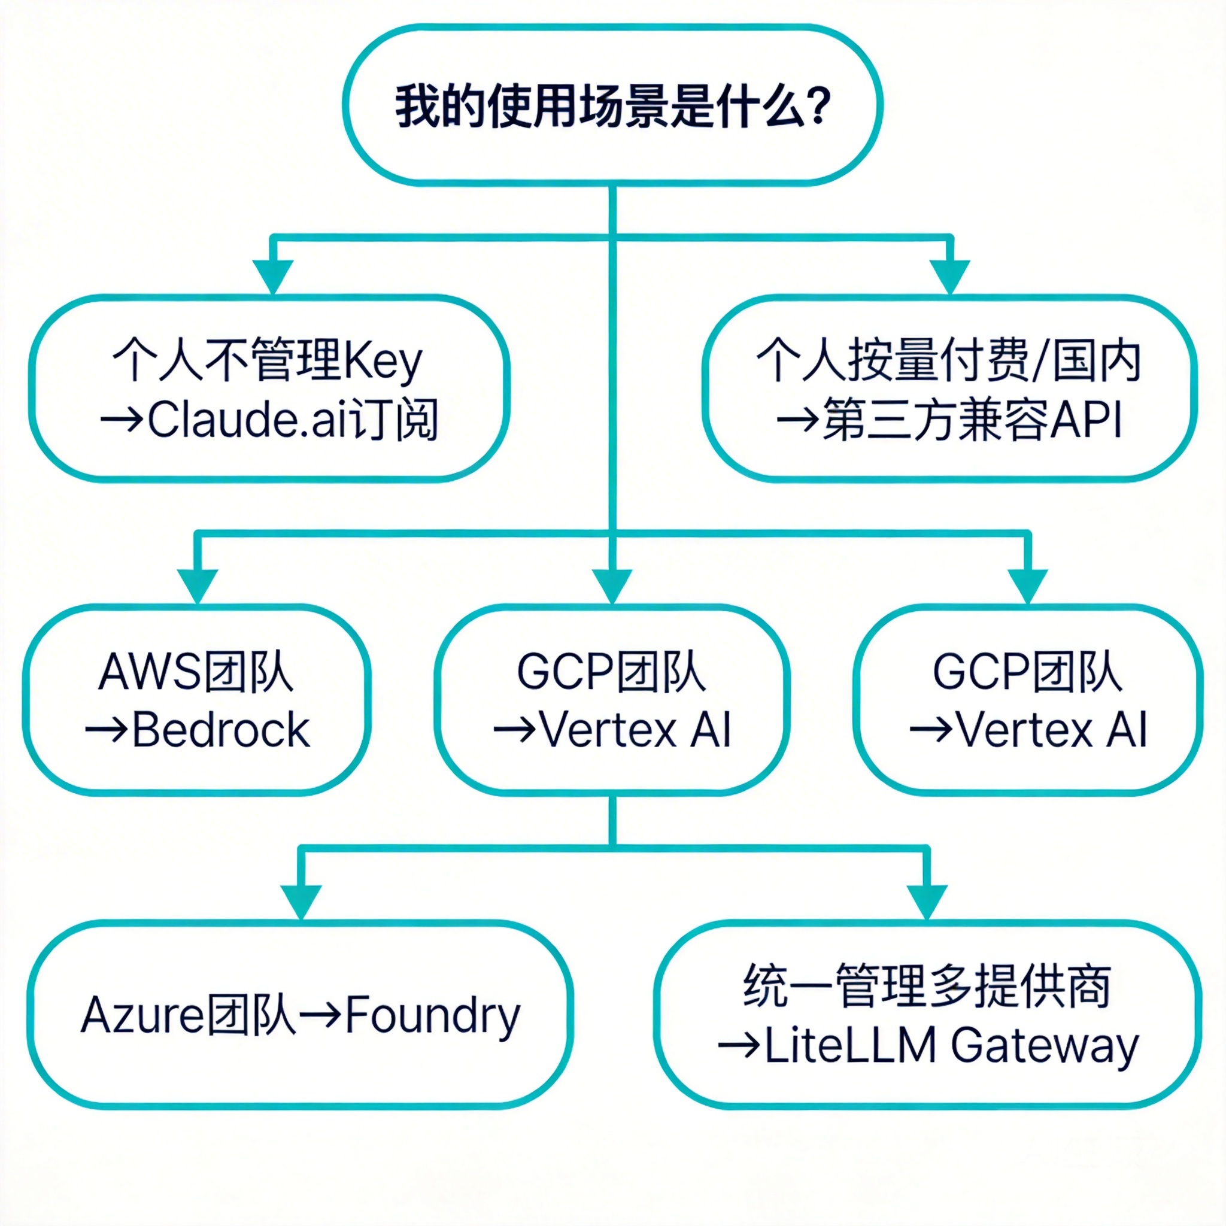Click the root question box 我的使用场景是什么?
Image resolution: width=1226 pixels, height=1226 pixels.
[612, 105]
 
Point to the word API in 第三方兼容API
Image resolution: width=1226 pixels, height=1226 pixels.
[1087, 420]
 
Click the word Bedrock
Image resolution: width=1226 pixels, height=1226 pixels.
[221, 730]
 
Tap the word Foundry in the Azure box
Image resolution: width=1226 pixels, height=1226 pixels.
[433, 1015]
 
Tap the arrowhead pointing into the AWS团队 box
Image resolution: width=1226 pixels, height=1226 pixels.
[198, 585]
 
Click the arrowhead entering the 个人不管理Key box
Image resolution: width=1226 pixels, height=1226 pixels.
[272, 276]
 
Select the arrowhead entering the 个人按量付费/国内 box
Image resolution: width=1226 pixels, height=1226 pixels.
[950, 276]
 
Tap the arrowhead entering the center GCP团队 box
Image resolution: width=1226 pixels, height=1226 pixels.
[612, 585]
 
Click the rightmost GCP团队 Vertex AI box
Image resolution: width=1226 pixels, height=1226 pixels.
[1027, 699]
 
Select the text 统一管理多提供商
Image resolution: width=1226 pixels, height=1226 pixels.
[927, 986]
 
